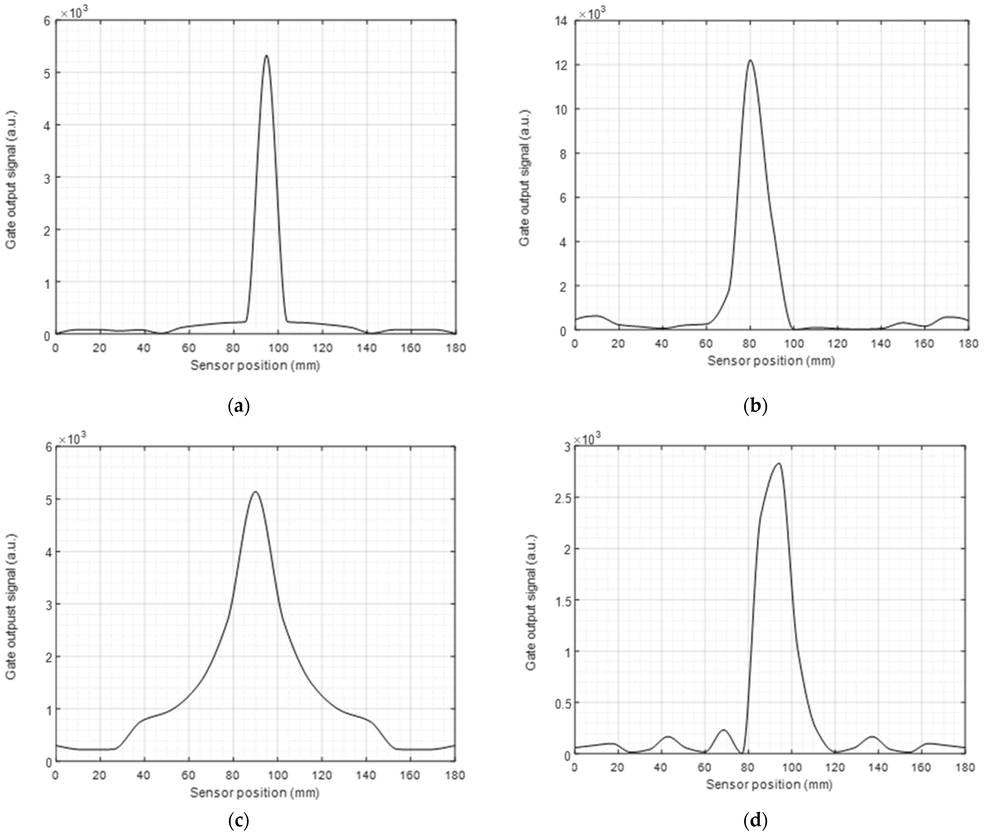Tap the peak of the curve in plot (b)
tap(750, 60)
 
